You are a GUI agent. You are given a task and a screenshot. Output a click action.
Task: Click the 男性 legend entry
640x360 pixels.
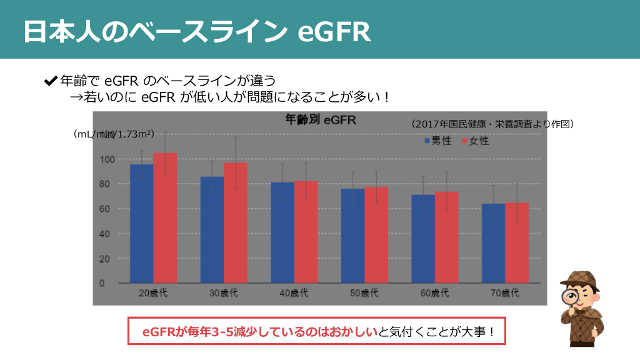438,141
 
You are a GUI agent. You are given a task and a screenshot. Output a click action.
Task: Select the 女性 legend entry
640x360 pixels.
476,141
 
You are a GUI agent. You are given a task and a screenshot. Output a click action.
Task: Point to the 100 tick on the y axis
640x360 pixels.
106,159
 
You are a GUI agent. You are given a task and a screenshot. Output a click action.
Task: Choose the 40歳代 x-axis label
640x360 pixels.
293,293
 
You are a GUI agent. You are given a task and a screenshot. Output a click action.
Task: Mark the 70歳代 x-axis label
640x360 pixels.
504,293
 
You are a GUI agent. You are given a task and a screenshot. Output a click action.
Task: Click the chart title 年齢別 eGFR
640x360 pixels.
320,119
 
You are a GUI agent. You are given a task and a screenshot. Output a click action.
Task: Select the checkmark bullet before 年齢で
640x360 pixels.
51,81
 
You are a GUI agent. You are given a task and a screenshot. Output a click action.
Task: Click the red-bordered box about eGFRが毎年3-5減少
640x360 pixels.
316,332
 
